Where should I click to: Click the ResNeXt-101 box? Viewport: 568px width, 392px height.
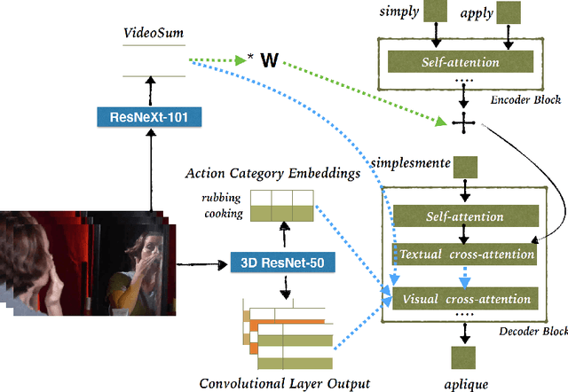click(144, 115)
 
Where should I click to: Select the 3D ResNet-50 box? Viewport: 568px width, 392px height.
click(267, 263)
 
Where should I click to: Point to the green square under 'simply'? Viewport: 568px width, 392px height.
click(435, 13)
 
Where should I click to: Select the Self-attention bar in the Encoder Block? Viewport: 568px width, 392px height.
click(461, 62)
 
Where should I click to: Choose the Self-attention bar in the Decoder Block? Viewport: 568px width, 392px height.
click(464, 216)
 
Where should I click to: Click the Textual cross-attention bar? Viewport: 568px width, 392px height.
click(466, 255)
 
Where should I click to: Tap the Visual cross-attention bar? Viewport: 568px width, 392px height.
click(465, 298)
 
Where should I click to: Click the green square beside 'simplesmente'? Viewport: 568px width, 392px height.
click(466, 166)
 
